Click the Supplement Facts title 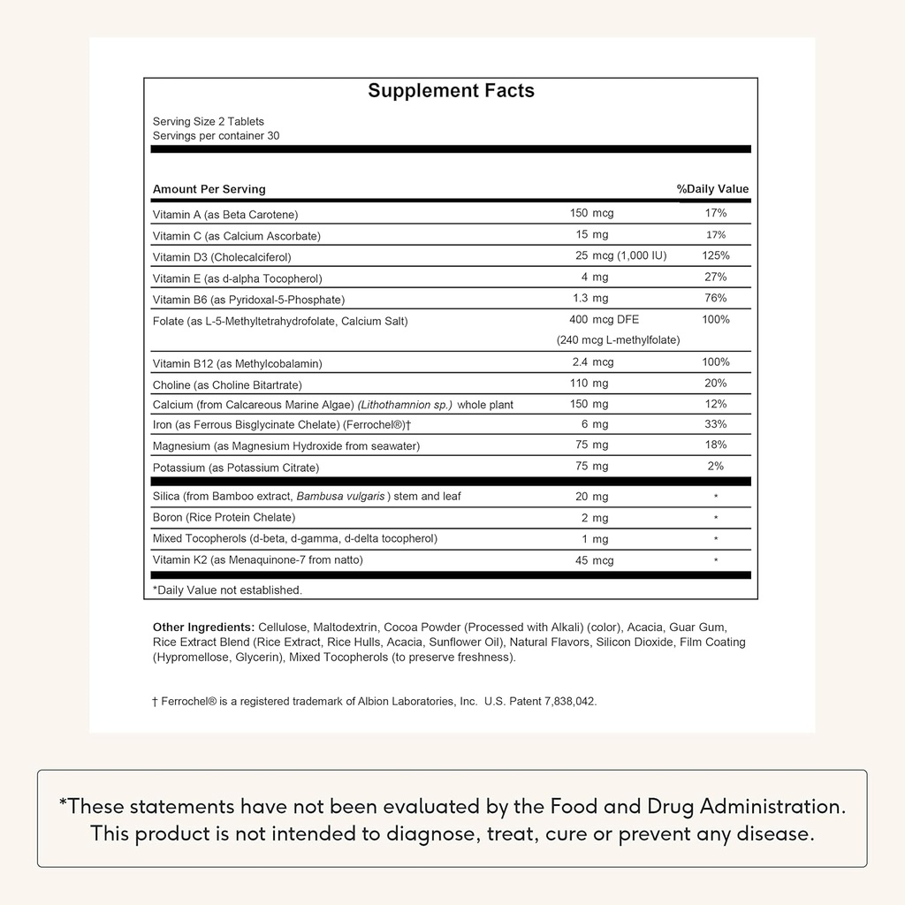[x=451, y=91]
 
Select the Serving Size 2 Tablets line [x=209, y=122]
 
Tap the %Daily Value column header [x=712, y=189]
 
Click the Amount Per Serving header [x=209, y=189]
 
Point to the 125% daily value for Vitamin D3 [x=716, y=255]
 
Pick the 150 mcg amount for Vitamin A [x=591, y=213]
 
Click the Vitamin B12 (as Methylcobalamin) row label [x=237, y=363]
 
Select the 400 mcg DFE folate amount [x=604, y=319]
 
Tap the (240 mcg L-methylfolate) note [x=618, y=340]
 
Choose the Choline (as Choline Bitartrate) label [x=227, y=384]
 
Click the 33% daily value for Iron [x=716, y=424]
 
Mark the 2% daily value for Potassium [x=716, y=466]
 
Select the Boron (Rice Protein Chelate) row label [x=224, y=517]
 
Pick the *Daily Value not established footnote [x=227, y=589]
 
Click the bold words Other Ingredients [x=203, y=627]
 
